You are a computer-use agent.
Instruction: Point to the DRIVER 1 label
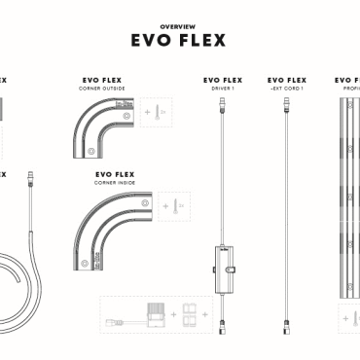[223, 88]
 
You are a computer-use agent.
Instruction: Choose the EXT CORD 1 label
[286, 88]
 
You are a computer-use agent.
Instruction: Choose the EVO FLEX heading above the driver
[223, 80]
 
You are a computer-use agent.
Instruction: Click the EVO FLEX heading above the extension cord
[286, 80]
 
